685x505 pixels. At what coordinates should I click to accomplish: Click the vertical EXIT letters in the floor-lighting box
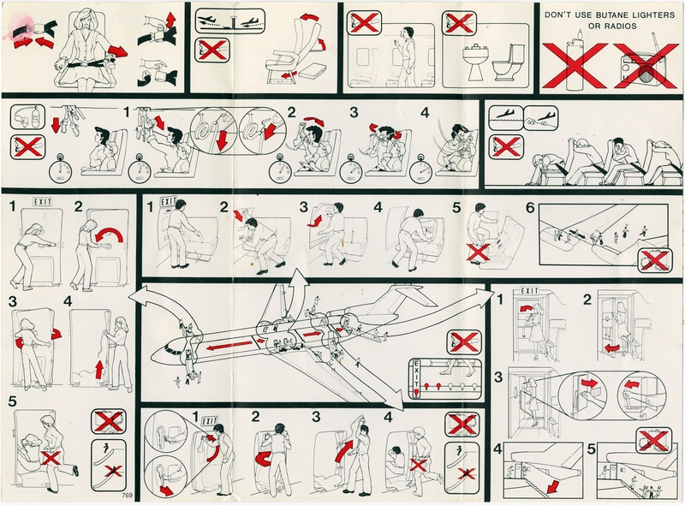point(416,373)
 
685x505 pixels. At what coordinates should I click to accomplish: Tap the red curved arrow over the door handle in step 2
point(109,236)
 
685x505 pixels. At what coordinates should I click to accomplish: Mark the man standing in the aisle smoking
point(408,48)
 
